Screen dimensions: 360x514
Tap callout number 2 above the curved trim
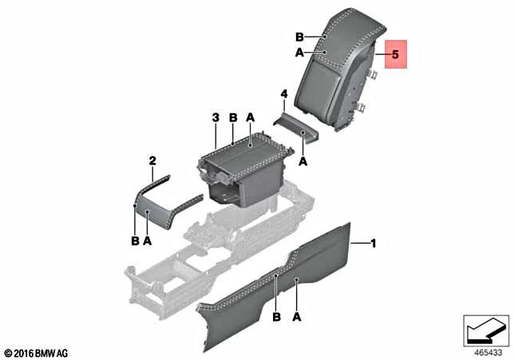point(152,160)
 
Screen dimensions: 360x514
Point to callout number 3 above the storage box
point(215,118)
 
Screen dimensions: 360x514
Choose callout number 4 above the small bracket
point(283,95)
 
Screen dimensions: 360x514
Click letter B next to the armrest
point(299,37)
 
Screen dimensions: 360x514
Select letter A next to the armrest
point(299,53)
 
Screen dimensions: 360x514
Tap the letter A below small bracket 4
point(303,160)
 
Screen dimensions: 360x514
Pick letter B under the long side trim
point(276,317)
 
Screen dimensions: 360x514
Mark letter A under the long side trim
point(297,317)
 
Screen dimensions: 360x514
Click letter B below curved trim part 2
point(135,240)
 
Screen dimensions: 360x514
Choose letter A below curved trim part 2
point(147,240)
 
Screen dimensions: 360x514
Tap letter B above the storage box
point(233,118)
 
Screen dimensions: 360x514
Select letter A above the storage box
point(250,118)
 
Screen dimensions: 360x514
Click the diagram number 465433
point(486,350)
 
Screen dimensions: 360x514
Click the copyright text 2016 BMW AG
point(38,352)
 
